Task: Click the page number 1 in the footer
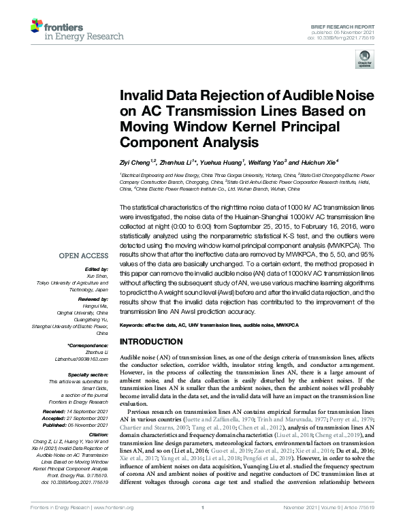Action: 203,526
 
